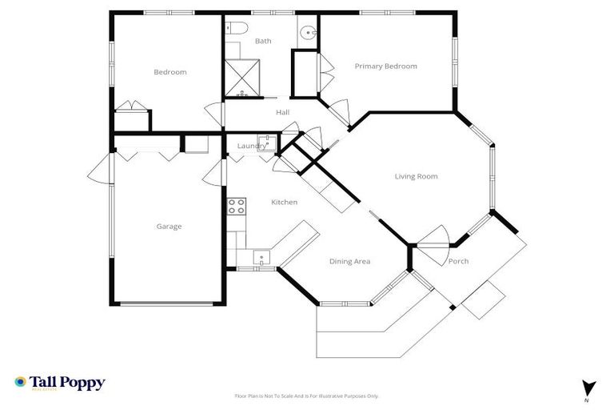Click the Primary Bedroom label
tap(385, 66)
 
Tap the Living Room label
tap(416, 176)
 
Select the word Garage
tap(169, 227)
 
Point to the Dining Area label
tap(349, 261)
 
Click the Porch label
tap(458, 262)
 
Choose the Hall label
tap(282, 113)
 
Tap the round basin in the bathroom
tap(308, 34)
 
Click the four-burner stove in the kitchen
tap(236, 206)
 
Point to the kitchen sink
tap(261, 258)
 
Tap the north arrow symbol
tap(589, 387)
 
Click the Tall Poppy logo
tap(60, 383)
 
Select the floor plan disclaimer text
tap(306, 396)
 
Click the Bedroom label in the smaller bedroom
tap(169, 72)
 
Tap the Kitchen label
tap(284, 203)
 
